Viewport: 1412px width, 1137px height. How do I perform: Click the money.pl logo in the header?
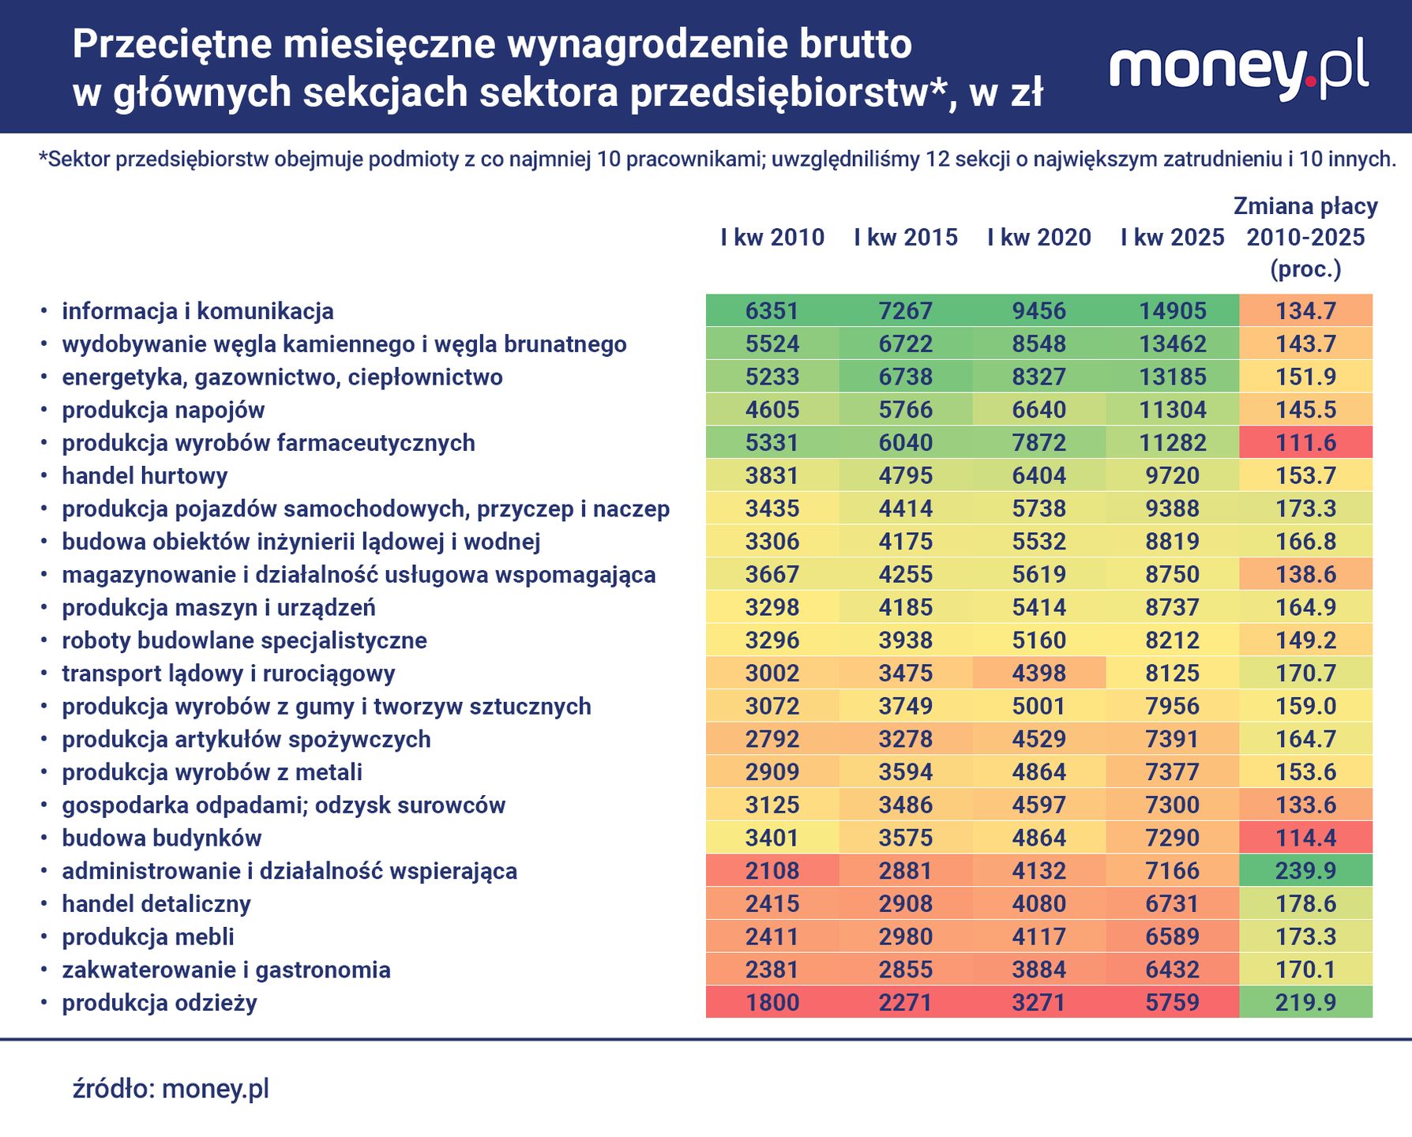1238,69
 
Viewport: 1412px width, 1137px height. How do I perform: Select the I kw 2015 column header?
905,237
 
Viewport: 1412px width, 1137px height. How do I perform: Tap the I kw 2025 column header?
1172,237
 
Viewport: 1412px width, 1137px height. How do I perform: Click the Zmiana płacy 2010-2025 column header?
1305,237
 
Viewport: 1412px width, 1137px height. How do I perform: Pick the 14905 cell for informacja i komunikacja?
1172,310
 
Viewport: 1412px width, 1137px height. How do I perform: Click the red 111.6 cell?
1305,442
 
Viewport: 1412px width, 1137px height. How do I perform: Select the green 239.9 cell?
1305,870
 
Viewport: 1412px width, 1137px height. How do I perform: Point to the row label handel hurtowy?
145,475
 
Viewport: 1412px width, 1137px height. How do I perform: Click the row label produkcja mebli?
148,936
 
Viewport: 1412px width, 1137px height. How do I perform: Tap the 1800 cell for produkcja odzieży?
772,1002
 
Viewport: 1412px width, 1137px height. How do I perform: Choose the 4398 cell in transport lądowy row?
1038,673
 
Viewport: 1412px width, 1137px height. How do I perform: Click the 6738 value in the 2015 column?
905,377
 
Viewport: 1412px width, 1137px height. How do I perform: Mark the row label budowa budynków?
161,838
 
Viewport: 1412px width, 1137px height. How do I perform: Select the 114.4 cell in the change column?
1305,838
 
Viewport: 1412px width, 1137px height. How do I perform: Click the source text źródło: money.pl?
171,1088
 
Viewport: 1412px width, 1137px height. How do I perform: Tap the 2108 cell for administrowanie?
772,870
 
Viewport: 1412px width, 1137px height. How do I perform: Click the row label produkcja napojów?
163,410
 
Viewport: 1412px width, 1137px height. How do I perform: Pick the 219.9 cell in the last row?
1305,1002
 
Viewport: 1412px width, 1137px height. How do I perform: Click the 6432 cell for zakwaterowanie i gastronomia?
1172,969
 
